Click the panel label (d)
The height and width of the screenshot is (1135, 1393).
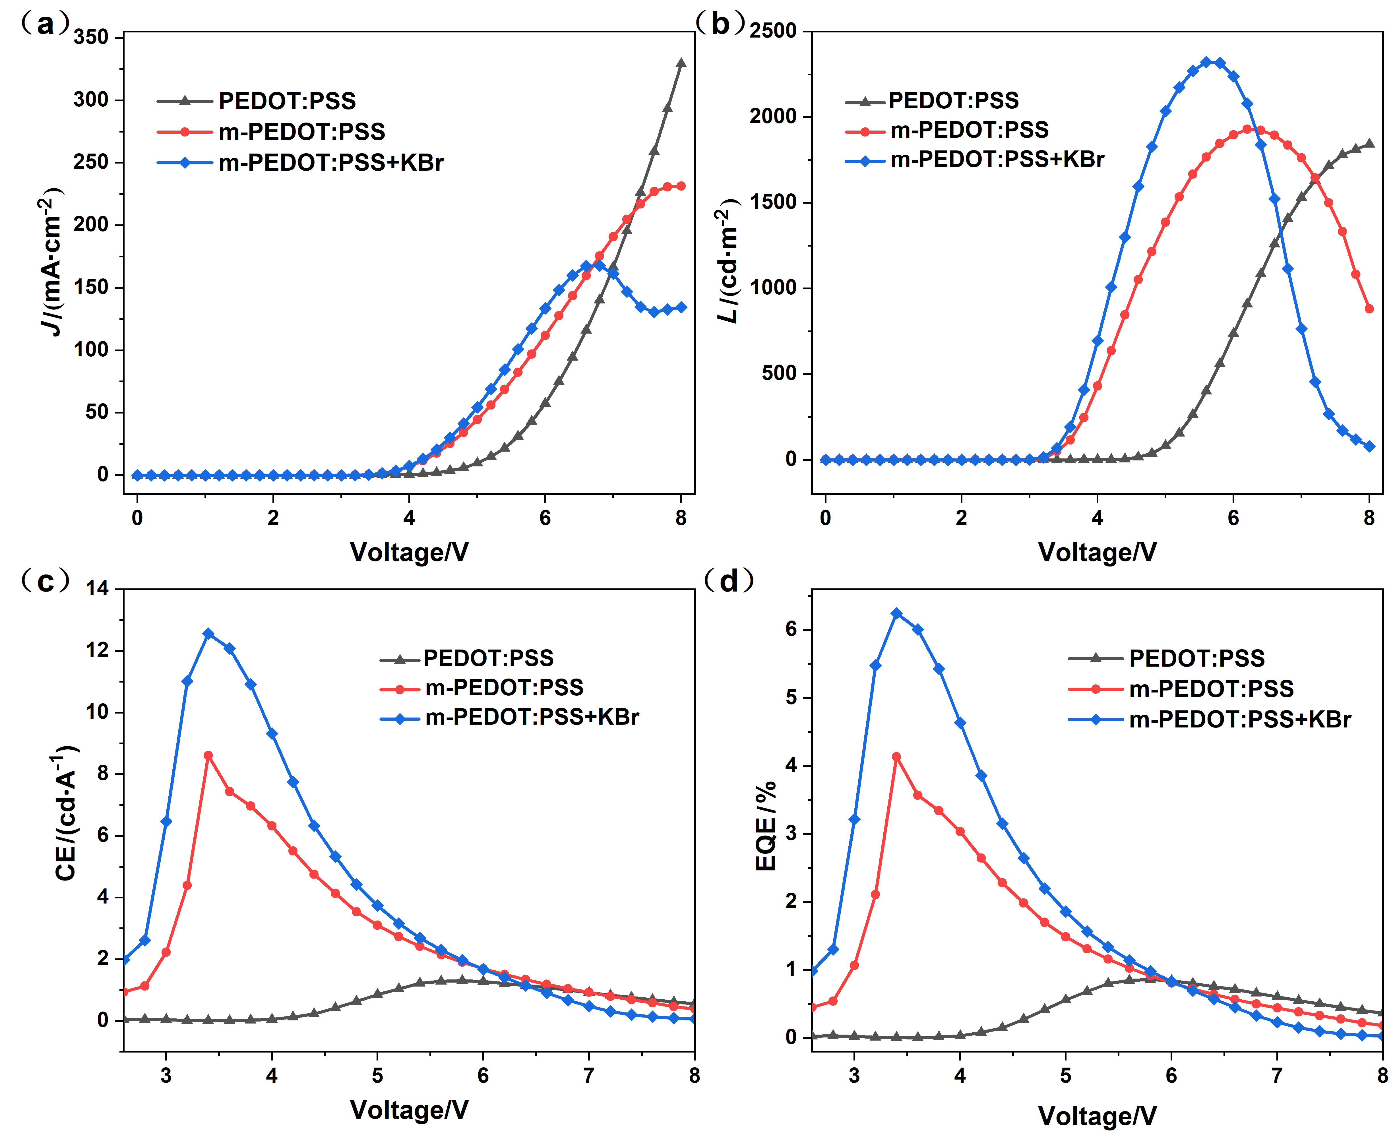(x=728, y=580)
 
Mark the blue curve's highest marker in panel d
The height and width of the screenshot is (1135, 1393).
(x=896, y=613)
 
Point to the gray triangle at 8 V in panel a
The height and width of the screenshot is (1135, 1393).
(x=681, y=63)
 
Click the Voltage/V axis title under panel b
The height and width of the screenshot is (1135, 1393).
(x=1097, y=553)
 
